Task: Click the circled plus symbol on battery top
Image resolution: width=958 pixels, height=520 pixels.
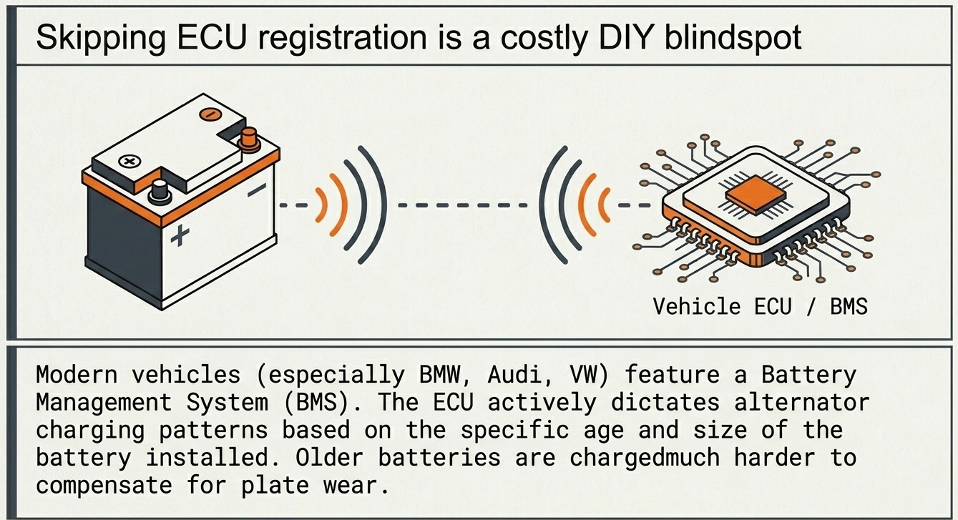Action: click(x=129, y=162)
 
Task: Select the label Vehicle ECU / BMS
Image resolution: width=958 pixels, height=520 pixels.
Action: click(x=760, y=306)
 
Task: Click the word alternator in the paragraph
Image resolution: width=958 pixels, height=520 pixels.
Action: click(x=793, y=403)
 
